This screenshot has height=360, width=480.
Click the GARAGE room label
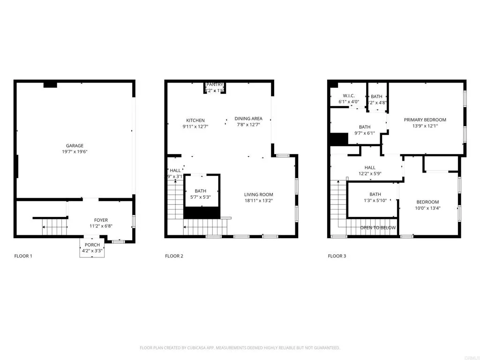(x=75, y=146)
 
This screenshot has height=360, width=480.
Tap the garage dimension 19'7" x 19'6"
(x=75, y=152)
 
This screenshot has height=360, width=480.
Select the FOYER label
(x=101, y=220)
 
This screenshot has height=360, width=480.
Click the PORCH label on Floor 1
(x=92, y=245)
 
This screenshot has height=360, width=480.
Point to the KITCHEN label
(x=195, y=120)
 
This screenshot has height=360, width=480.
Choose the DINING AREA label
(x=248, y=119)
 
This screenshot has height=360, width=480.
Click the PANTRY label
(x=215, y=84)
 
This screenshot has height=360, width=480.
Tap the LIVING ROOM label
(x=258, y=195)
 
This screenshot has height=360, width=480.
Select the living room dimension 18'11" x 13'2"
(x=258, y=201)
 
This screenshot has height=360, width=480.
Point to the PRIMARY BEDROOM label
(x=425, y=120)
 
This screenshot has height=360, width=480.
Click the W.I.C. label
(x=348, y=96)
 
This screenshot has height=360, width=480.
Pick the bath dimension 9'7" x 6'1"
(x=365, y=133)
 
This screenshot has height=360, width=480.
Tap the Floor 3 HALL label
(x=370, y=167)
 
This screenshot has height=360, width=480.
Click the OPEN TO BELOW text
(x=378, y=228)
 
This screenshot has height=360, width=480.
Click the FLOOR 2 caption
(x=174, y=256)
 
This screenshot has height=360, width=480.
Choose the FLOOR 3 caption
(x=337, y=256)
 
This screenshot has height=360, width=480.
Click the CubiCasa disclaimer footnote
(x=240, y=348)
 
